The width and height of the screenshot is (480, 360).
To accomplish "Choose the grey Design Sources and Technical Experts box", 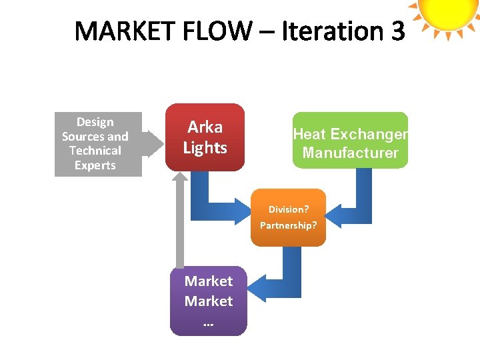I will (98, 143).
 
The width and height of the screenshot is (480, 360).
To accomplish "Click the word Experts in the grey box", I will (95, 165).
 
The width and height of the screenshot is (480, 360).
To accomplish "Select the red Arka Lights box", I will (205, 137).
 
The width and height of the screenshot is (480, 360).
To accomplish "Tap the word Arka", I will (205, 127).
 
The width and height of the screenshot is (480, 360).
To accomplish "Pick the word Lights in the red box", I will (205, 148).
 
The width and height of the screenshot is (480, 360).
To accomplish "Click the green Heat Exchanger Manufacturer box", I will (350, 140).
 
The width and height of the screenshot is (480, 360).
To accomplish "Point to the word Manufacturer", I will (350, 153).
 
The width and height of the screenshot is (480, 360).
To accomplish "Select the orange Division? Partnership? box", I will (288, 217).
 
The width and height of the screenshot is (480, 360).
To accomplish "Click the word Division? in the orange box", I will (288, 209).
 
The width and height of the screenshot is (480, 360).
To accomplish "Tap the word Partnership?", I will (288, 225).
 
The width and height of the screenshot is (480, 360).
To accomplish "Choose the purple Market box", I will (208, 301).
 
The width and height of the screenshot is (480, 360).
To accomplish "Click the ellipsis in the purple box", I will (208, 323).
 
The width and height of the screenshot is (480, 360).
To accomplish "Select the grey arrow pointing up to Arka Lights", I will (179, 220).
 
